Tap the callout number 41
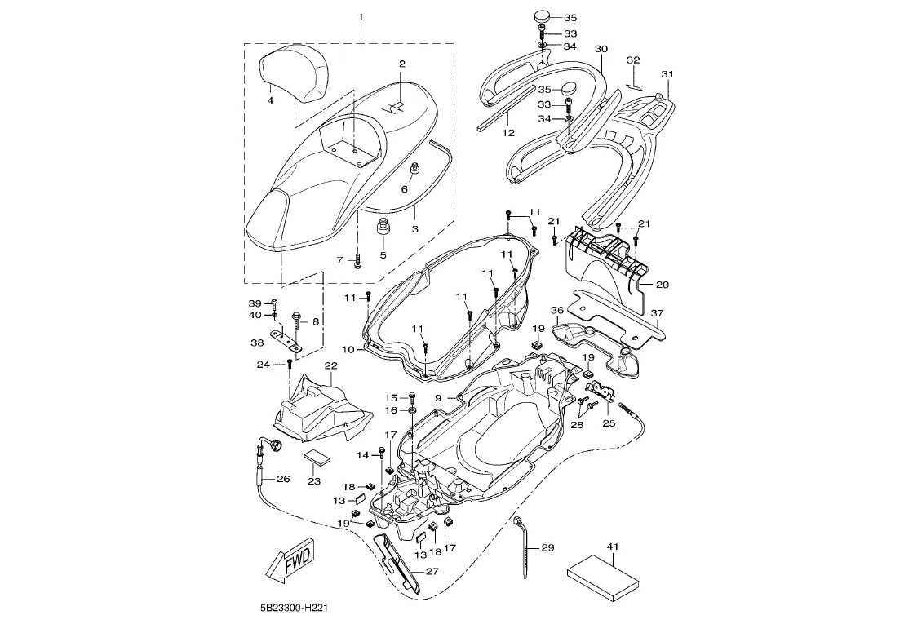[613, 547]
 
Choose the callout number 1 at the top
[361, 17]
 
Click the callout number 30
[601, 49]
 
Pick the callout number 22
[330, 365]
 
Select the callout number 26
[283, 479]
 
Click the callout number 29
[547, 547]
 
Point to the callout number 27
[432, 571]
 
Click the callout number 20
[662, 285]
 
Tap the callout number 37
[657, 313]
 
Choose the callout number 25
[609, 423]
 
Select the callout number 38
[257, 343]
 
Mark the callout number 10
[348, 349]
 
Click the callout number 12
[508, 133]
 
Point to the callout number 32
[633, 60]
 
